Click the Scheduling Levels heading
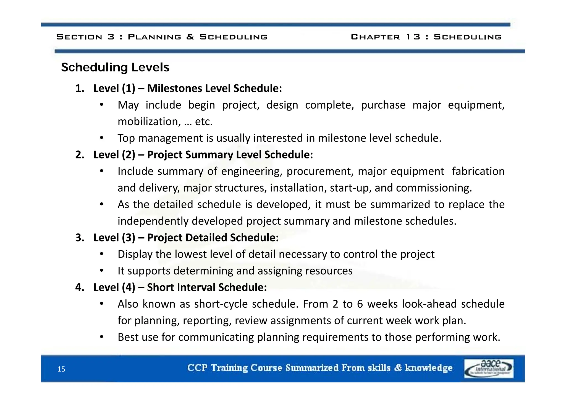tap(115, 67)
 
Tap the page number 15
tap(61, 369)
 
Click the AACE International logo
tap(489, 368)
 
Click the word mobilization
tap(148, 122)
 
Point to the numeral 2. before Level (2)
tap(80, 155)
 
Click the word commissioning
tap(434, 188)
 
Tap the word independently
tap(153, 221)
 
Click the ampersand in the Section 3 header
tap(190, 37)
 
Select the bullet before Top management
tap(102, 138)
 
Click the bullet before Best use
tap(102, 337)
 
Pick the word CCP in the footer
tap(197, 368)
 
